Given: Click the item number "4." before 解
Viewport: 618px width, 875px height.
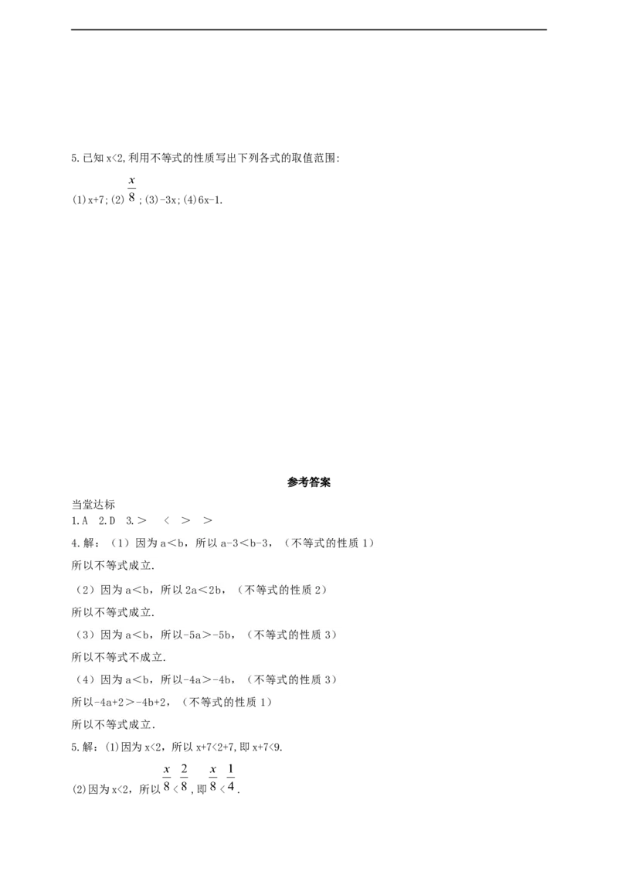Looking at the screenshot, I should coord(75,543).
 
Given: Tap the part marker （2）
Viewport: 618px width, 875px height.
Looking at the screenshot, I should coord(85,591).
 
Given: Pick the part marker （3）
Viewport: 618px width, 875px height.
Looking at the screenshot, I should coord(85,635).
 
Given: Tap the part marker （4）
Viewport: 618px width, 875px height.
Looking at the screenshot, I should coord(85,680).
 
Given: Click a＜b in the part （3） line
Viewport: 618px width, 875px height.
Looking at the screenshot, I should coord(134,635).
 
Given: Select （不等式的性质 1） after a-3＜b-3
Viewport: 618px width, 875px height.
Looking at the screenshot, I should coord(332,543).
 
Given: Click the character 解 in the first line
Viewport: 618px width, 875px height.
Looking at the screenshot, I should coord(87,543).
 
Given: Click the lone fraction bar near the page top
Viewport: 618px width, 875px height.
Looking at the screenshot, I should coord(133,189).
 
